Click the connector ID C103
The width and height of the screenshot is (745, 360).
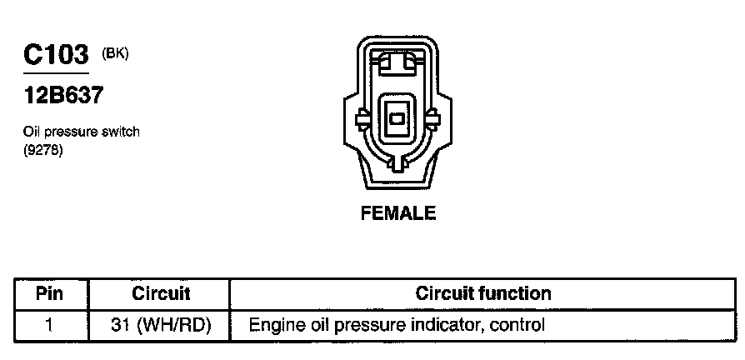click(x=55, y=56)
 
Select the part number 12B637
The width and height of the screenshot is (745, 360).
click(x=62, y=96)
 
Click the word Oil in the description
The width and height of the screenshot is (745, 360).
click(x=32, y=132)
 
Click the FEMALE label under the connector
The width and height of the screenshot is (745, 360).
click(x=397, y=213)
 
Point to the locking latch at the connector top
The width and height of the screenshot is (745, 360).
click(x=397, y=62)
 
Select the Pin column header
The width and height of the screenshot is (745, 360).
click(x=50, y=293)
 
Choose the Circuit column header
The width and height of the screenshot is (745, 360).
click(x=161, y=293)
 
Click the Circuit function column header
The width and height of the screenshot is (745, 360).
click(x=483, y=293)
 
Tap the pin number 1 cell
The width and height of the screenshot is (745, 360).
click(x=50, y=324)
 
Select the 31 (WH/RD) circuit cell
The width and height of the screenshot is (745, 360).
click(x=161, y=324)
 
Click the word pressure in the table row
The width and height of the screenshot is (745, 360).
click(x=364, y=325)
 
